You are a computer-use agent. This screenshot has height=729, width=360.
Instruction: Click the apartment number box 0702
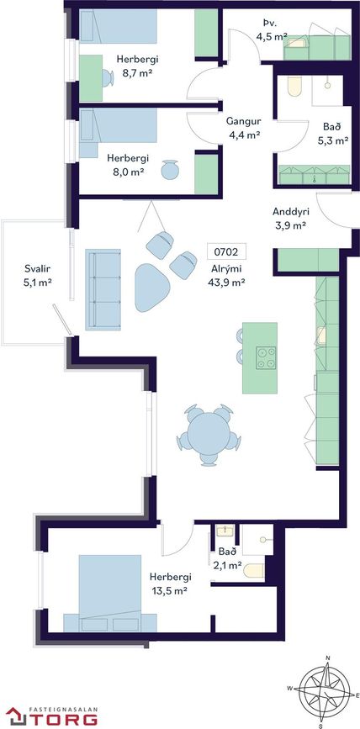pos(226,252)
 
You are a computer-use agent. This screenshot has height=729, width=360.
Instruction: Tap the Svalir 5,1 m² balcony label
pos(37,275)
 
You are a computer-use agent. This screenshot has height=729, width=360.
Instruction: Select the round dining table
pos(209,434)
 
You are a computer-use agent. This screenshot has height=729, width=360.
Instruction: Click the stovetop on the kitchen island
pos(267,358)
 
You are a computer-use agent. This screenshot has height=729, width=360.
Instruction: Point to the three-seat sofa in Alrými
pos(103,289)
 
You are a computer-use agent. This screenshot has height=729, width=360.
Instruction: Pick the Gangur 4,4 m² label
pos(244,129)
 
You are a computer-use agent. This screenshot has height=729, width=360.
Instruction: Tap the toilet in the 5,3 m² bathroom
pos(294,87)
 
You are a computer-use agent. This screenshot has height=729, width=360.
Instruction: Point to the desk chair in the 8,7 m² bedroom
pos(108,77)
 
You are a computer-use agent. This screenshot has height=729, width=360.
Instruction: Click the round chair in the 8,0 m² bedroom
pos(169,170)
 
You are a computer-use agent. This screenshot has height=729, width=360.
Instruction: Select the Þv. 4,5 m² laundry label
pos(272,29)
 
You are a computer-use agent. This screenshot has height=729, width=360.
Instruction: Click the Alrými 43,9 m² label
pos(227,276)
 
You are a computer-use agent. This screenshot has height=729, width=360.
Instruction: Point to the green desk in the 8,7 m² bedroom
pos(91,78)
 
